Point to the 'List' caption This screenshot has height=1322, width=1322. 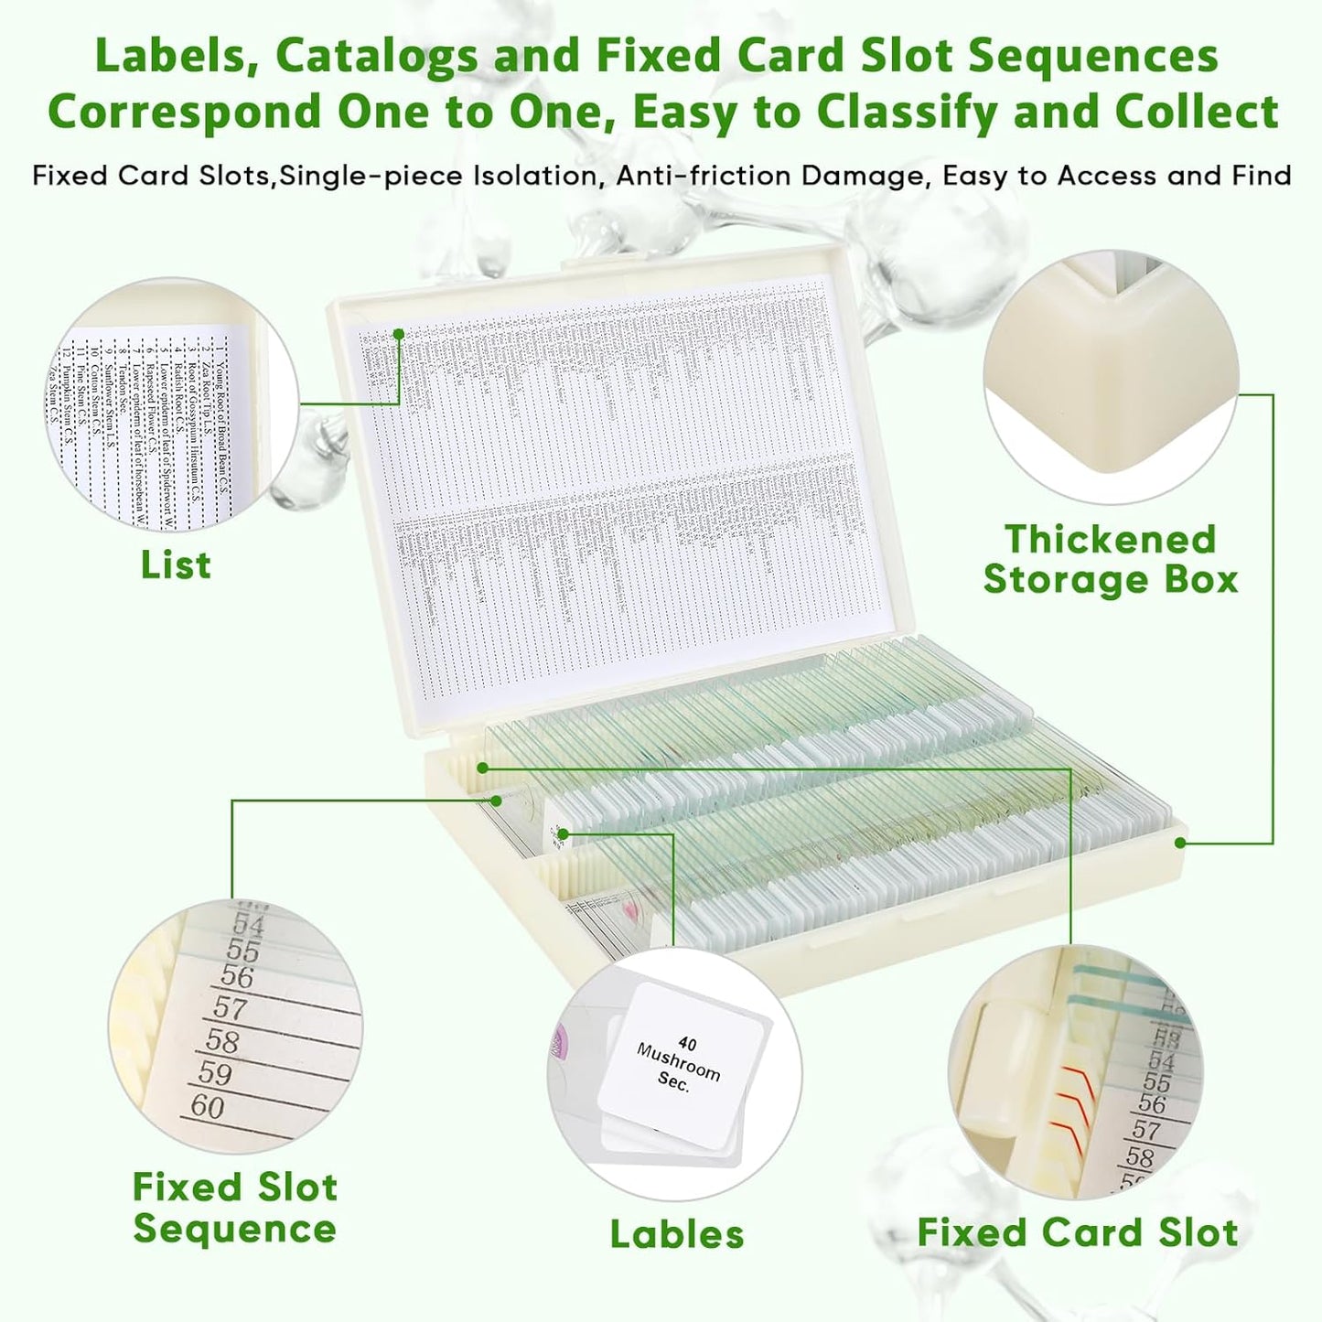tap(176, 564)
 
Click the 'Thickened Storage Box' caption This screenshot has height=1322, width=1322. tap(1111, 559)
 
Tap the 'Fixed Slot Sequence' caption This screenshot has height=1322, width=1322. tap(235, 1208)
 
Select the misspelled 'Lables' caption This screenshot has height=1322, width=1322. tap(677, 1234)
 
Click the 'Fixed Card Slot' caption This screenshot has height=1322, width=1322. tap(1078, 1232)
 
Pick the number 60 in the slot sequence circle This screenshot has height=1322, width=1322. tap(209, 1107)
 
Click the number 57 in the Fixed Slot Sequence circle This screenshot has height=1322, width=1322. tap(230, 1008)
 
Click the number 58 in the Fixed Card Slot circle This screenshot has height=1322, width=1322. tap(1140, 1156)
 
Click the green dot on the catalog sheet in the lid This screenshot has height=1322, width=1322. tap(399, 334)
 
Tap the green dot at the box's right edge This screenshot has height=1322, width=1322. tap(1181, 842)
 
